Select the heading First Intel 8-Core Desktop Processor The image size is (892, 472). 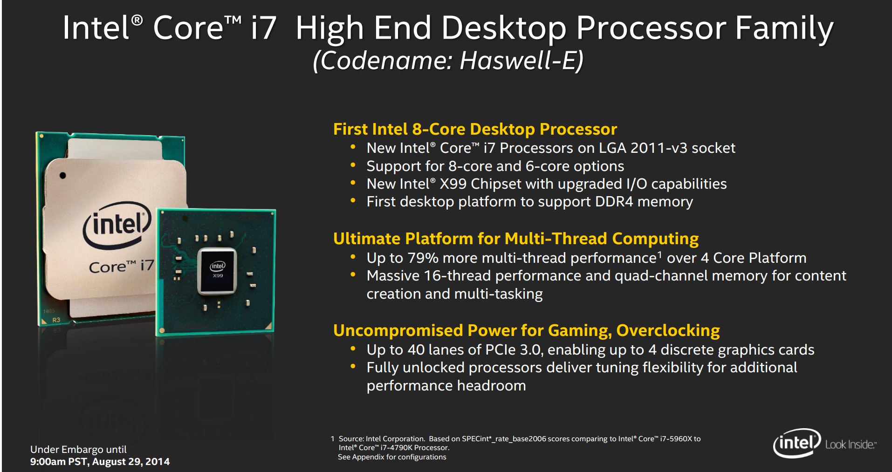point(475,129)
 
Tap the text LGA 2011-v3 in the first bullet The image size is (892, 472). point(660,148)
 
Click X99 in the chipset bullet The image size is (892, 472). point(453,184)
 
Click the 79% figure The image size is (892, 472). point(423,258)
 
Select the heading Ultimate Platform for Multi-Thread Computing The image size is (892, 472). point(516,239)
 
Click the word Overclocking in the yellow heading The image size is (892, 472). point(668,330)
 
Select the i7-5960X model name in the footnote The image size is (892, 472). point(676,439)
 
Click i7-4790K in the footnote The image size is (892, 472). point(397,448)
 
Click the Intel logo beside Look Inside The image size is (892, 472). point(797,443)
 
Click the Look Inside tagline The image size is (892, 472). point(851,445)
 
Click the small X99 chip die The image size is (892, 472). point(217,271)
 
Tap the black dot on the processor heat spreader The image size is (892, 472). point(62,176)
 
